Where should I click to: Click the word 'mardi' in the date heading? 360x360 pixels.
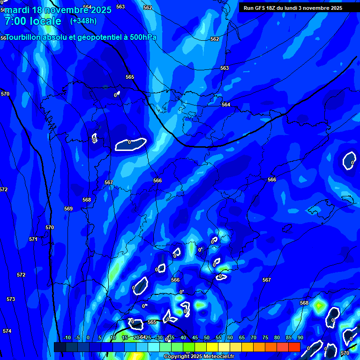click(x=16, y=10)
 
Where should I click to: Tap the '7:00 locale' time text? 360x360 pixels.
click(x=33, y=21)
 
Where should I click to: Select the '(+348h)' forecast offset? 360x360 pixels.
click(x=83, y=21)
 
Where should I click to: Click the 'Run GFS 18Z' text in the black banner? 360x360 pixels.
click(x=261, y=8)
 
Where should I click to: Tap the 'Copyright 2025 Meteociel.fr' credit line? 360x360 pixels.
click(x=199, y=357)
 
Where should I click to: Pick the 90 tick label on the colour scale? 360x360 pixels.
click(x=300, y=338)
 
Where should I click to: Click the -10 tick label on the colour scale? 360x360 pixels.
click(x=67, y=338)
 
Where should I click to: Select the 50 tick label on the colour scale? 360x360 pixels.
click(x=207, y=338)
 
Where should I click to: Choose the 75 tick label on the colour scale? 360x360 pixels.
click(x=265, y=338)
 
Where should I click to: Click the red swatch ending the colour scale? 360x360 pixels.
click(x=294, y=347)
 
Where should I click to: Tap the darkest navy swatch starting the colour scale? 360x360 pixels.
click(x=60, y=347)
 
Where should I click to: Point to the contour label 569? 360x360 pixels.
click(x=68, y=209)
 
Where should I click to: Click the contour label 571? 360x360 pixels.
click(x=33, y=239)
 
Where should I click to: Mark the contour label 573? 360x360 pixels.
click(x=11, y=299)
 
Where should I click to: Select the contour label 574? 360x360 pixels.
click(x=7, y=331)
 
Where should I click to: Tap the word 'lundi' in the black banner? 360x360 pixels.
click(x=291, y=8)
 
